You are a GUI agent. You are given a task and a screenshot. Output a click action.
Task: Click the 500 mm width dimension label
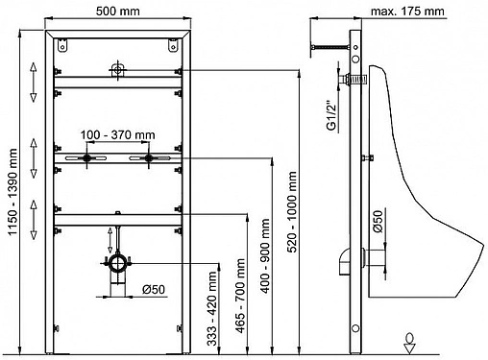[x=118, y=12]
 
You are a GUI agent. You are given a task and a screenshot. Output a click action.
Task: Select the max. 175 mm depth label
[x=407, y=12]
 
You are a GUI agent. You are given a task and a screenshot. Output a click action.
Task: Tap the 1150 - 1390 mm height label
[x=12, y=191]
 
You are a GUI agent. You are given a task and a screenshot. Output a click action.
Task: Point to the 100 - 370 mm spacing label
[x=117, y=134]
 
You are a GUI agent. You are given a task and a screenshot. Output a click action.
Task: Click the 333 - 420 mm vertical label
[x=211, y=308]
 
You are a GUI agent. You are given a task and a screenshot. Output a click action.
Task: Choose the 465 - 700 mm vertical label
[x=240, y=296]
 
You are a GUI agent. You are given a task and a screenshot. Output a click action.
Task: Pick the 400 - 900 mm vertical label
[x=265, y=255]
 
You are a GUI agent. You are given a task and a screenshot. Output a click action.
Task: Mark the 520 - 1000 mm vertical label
[x=292, y=212]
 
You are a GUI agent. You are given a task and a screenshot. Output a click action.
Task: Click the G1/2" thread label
[x=331, y=116]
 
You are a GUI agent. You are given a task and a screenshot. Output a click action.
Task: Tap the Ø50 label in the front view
[x=154, y=290]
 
